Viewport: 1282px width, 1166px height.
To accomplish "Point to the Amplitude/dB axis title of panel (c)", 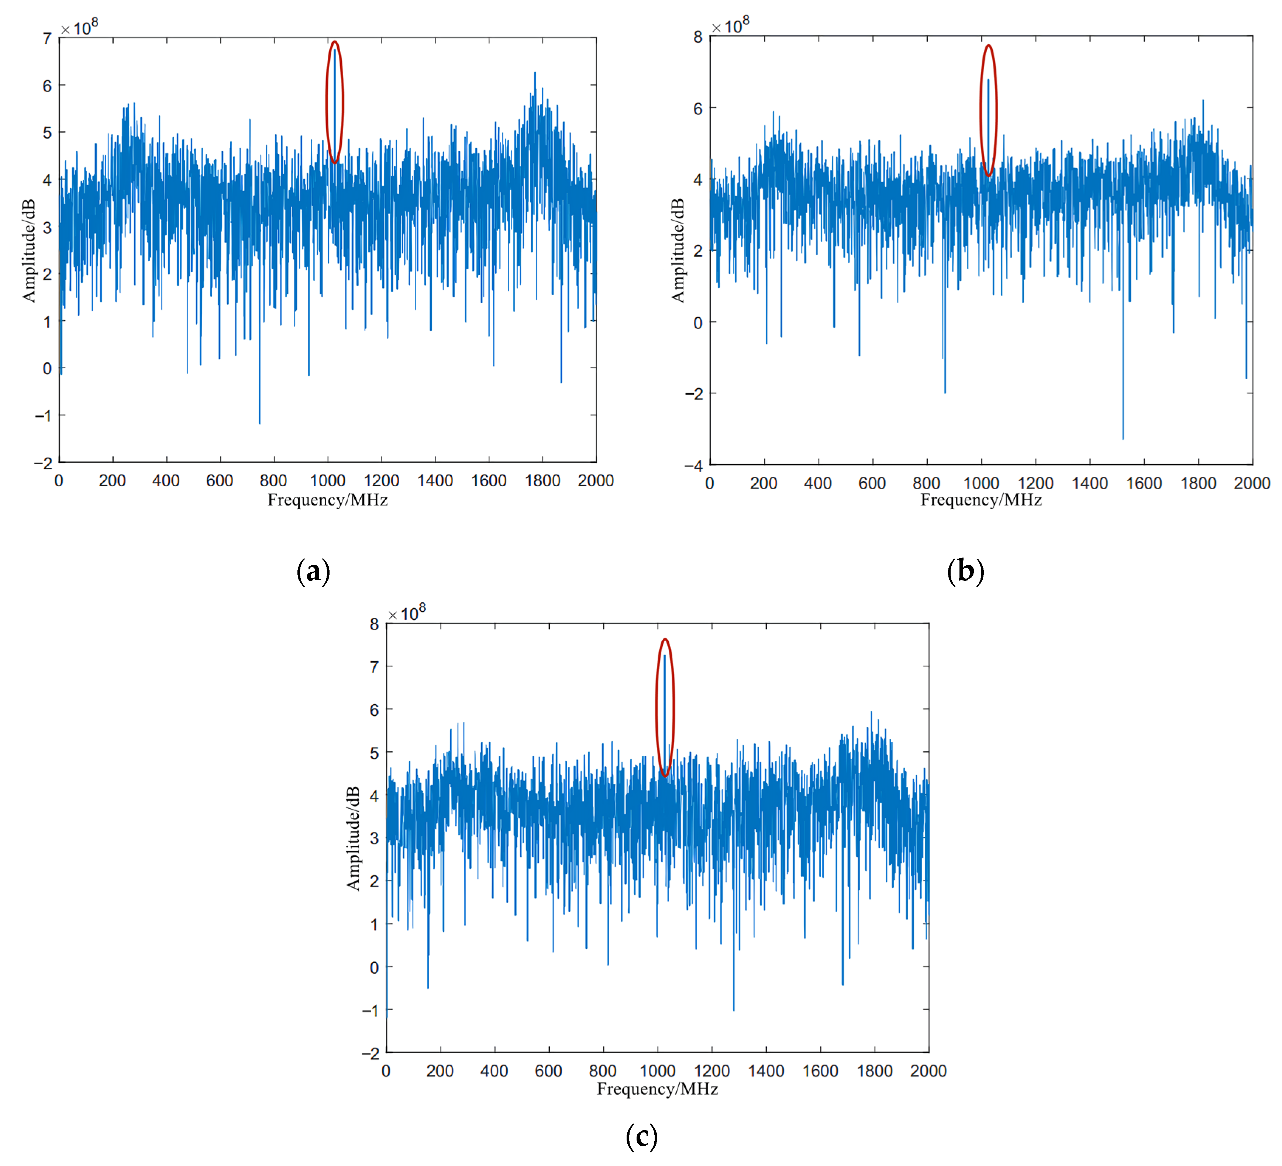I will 353,838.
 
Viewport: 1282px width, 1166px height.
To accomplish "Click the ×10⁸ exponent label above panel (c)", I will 407,613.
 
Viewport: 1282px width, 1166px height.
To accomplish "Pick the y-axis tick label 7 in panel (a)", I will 47,39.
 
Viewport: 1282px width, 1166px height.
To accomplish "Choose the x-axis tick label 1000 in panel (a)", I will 327,481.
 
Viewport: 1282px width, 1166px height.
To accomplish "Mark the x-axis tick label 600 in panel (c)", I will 548,1071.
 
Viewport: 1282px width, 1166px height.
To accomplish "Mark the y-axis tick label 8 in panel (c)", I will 375,624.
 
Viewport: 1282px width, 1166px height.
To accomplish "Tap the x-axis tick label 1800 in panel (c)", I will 874,1071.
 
